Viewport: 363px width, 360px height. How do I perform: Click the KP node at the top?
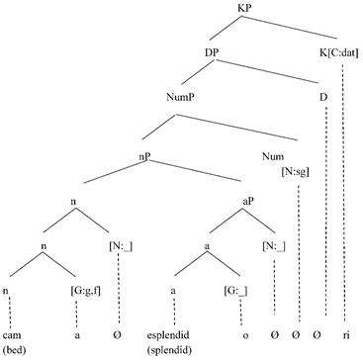[x=246, y=9]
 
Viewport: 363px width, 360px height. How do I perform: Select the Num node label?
[x=273, y=156]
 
